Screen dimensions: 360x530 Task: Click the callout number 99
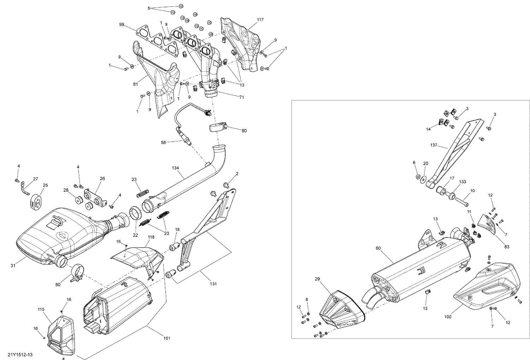tap(122, 24)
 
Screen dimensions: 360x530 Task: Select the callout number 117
tap(260, 20)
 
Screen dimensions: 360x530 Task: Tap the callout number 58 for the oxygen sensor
tap(163, 142)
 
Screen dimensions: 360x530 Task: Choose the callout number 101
tap(167, 338)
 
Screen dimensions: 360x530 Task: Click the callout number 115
tap(41, 309)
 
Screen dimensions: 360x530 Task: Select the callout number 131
tap(213, 284)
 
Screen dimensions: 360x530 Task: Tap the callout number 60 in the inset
tap(378, 248)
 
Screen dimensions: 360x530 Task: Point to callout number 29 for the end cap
tap(317, 279)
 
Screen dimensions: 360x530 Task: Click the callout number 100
tap(448, 317)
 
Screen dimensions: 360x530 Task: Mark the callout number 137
tap(434, 145)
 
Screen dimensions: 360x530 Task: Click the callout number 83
tap(507, 247)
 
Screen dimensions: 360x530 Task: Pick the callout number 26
tap(102, 178)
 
